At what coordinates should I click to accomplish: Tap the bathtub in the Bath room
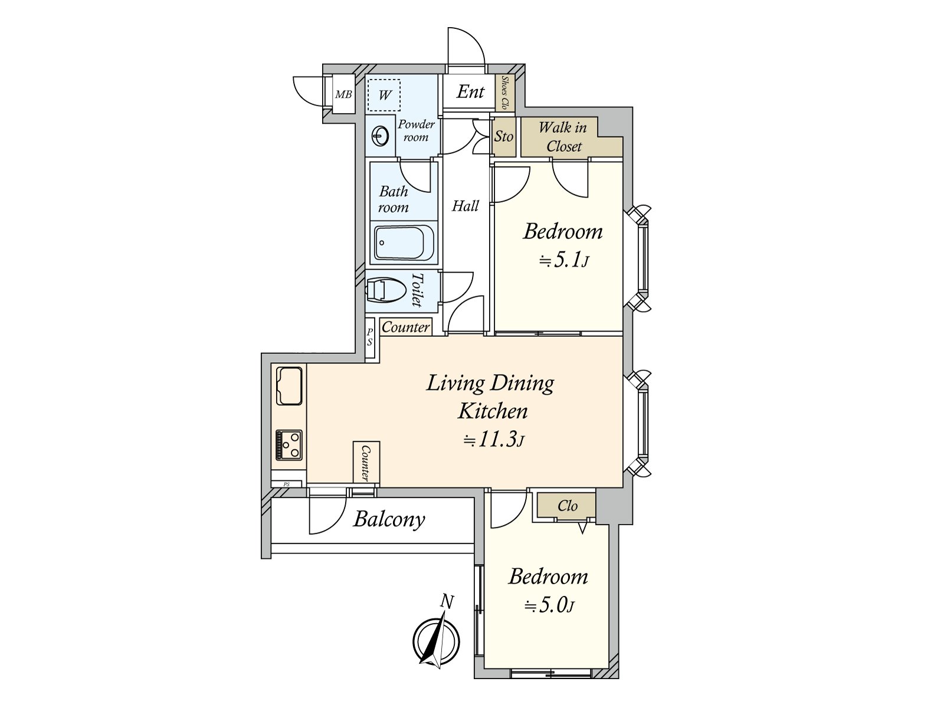(404, 242)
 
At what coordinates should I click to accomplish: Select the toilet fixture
(386, 290)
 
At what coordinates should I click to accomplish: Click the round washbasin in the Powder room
(381, 136)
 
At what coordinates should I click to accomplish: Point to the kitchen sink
(289, 386)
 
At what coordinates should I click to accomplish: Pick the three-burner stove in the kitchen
(289, 444)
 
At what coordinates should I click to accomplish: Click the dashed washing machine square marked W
(384, 95)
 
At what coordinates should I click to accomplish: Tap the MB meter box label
(343, 94)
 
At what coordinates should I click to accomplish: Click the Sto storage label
(503, 137)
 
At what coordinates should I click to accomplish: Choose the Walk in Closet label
(563, 137)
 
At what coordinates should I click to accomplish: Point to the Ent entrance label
(470, 91)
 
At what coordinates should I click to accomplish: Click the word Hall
(465, 206)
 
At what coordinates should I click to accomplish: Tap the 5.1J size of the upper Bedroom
(564, 261)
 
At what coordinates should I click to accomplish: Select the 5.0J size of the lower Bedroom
(549, 606)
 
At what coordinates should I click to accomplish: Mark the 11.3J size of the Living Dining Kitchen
(493, 441)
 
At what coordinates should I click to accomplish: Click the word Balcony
(389, 519)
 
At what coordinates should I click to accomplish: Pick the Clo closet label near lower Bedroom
(567, 506)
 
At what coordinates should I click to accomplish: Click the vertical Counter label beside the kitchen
(366, 463)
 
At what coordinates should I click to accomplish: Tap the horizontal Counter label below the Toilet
(405, 327)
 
